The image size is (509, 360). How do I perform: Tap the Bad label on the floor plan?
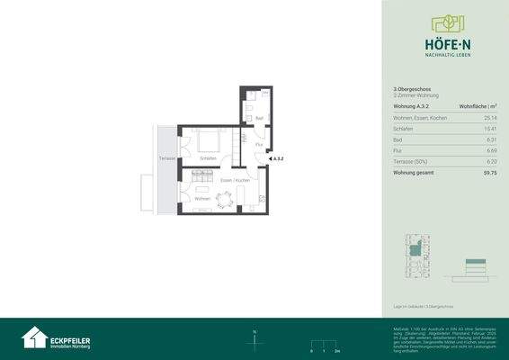pos(258,118)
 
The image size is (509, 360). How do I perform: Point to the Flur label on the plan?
pos(258,145)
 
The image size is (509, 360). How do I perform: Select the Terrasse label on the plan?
pos(166,157)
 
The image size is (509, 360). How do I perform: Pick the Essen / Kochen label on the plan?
pos(236,181)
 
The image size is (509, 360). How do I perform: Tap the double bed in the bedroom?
pos(209,141)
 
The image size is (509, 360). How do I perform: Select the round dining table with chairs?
pos(226,200)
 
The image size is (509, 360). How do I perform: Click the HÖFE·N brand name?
pos(444,41)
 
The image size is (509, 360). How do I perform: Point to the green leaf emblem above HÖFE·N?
pos(444,22)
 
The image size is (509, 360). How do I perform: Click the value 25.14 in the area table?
pos(489,117)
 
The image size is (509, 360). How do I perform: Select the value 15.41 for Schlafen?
pos(489,129)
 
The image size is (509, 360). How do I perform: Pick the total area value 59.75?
pos(489,171)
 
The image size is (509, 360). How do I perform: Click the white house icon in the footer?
pos(34,337)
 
